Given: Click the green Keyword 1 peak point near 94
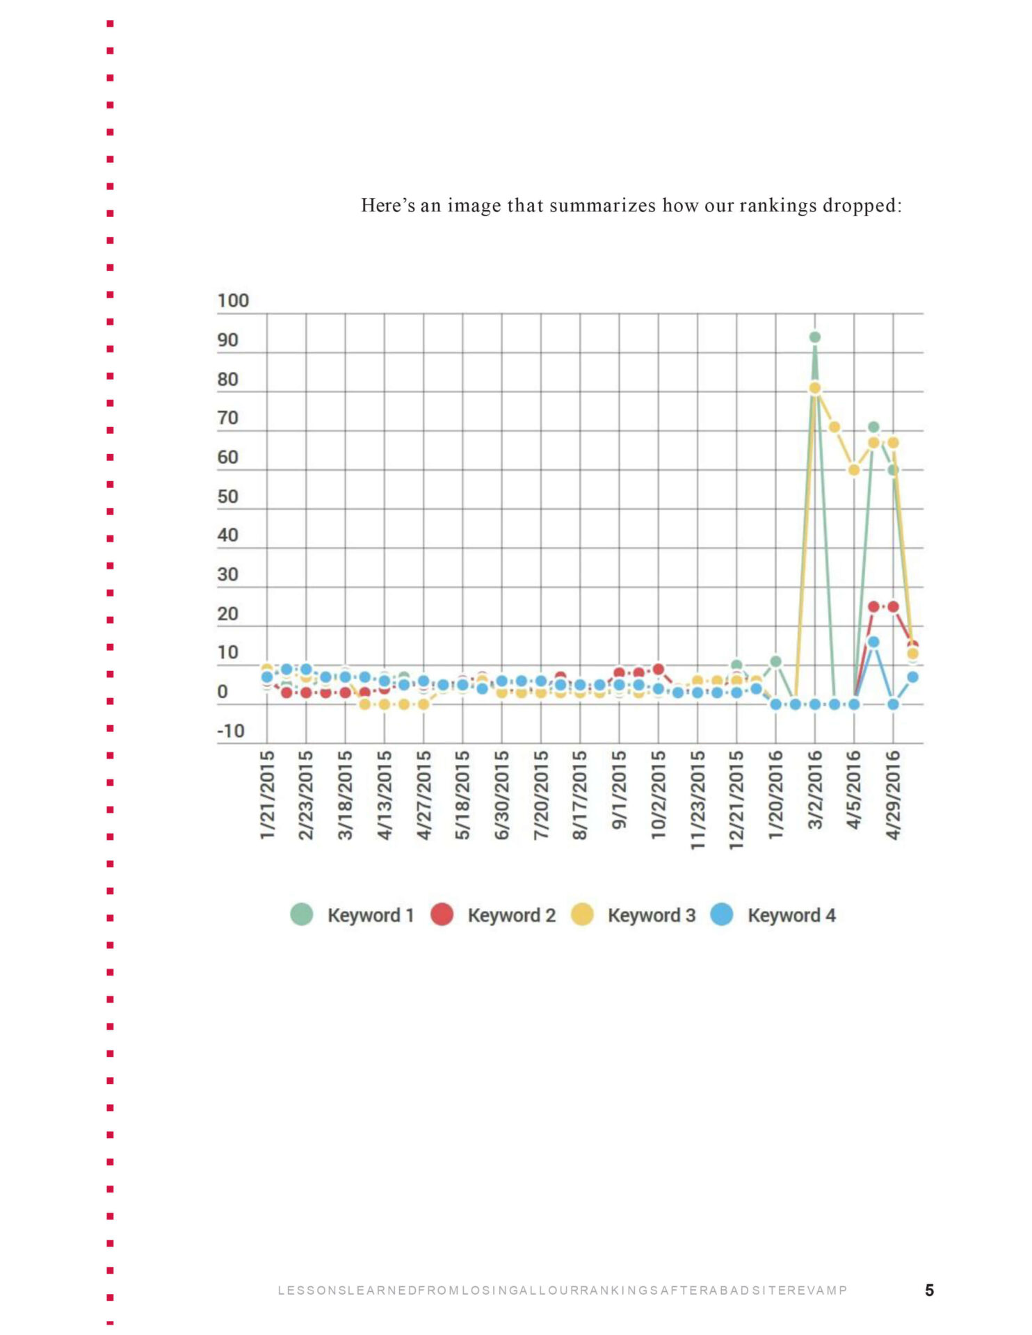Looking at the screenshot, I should pos(814,337).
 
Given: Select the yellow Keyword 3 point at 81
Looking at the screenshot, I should pos(814,388).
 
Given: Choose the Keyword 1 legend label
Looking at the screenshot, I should pos(370,915).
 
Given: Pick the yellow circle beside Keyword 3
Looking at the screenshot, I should pos(582,914).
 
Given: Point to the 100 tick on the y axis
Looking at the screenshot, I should pos(233,301).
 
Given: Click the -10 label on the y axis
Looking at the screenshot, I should pos(231,731).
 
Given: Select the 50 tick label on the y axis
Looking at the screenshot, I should pos(227,496).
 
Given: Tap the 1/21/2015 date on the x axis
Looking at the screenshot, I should pos(267,795).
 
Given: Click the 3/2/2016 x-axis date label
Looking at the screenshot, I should pos(815,790).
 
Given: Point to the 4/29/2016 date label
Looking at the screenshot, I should pos(893,795).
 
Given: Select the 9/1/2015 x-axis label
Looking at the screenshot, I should pos(619,790).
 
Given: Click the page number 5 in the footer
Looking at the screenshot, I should pos(929,1290).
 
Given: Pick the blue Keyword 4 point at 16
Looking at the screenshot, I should pos(873,642).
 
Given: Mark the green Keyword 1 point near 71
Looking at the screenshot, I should pos(873,427).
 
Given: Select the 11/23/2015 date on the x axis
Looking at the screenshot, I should pos(698,800).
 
